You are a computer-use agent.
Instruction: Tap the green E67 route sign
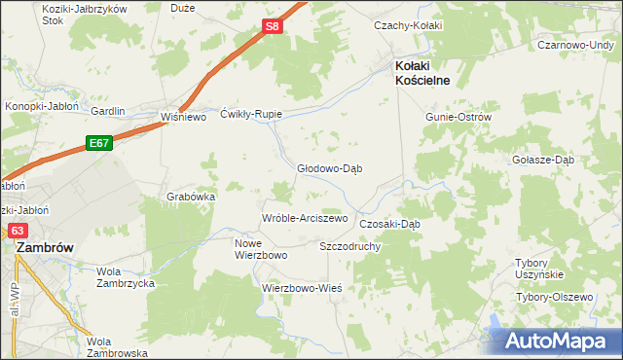tap(98, 142)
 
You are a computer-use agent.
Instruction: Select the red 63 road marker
tap(18, 231)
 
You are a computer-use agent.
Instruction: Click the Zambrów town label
tap(46, 248)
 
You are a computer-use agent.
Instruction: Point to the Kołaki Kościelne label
tap(421, 73)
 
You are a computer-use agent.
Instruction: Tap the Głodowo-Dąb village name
tap(329, 167)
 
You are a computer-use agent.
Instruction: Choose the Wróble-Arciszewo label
tap(305, 218)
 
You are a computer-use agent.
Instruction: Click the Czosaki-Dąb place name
tap(389, 224)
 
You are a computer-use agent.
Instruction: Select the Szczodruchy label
tap(349, 246)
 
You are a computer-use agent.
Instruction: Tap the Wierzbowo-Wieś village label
tap(301, 288)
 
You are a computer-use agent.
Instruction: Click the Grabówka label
tap(191, 196)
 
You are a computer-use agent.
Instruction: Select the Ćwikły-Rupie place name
tap(251, 113)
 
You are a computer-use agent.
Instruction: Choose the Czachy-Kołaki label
tap(409, 25)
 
